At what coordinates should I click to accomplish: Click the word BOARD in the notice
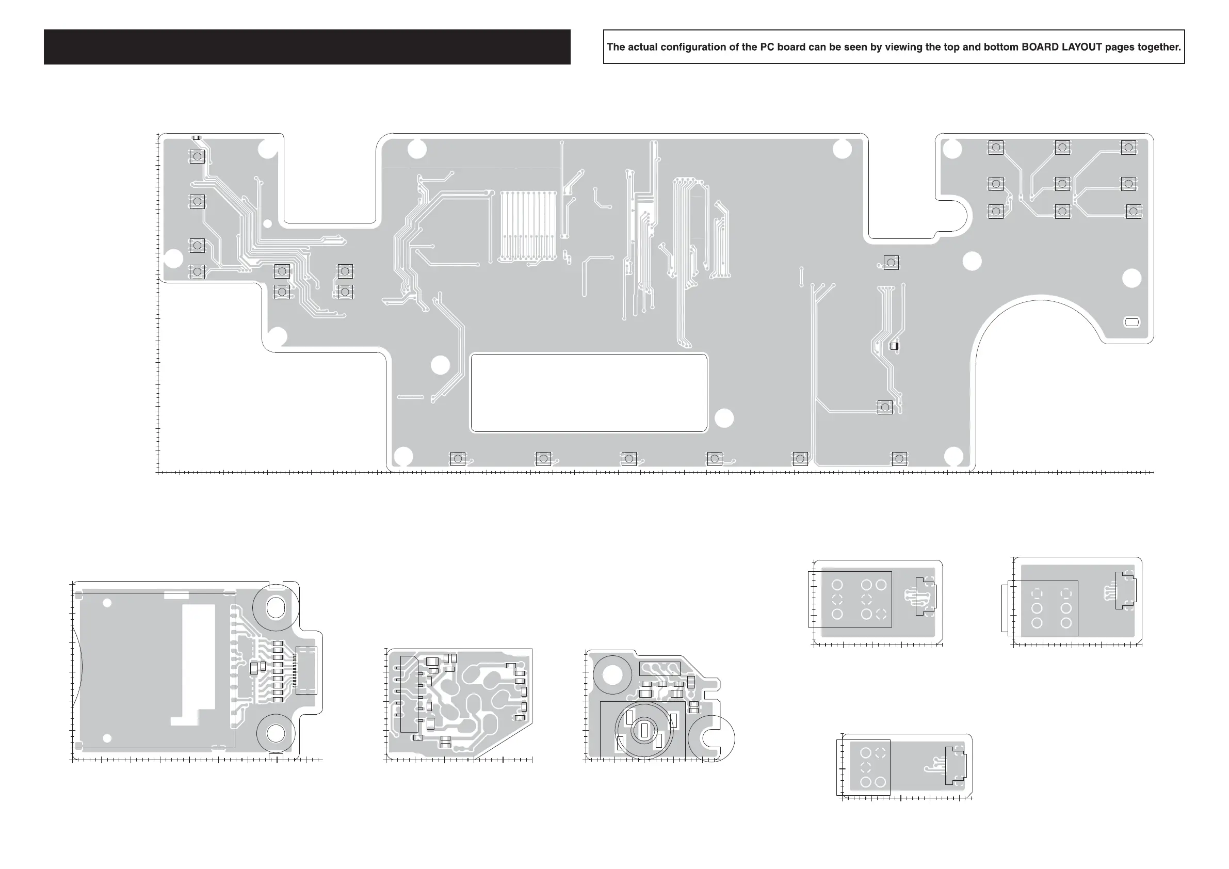click(x=1040, y=47)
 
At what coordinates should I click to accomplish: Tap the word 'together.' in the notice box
click(x=1159, y=47)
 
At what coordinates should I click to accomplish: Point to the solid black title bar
click(x=306, y=47)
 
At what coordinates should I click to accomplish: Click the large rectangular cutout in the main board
click(x=589, y=393)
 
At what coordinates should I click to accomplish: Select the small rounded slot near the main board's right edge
click(x=1132, y=322)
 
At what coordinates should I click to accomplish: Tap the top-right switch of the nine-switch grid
click(x=1128, y=147)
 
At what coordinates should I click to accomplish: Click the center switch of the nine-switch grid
click(x=1062, y=184)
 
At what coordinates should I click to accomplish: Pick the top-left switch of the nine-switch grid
click(x=996, y=147)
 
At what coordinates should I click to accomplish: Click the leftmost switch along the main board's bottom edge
click(x=457, y=458)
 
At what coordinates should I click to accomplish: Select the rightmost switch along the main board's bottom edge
click(x=899, y=458)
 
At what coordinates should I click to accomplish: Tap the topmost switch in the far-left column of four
click(x=197, y=156)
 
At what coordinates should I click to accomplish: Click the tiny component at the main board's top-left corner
click(x=197, y=138)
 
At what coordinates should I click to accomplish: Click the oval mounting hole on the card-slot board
click(x=276, y=608)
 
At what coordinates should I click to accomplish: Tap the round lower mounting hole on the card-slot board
click(x=276, y=733)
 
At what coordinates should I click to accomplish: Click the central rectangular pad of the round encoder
click(x=644, y=730)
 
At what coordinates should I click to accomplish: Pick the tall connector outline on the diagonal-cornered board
click(x=409, y=694)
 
